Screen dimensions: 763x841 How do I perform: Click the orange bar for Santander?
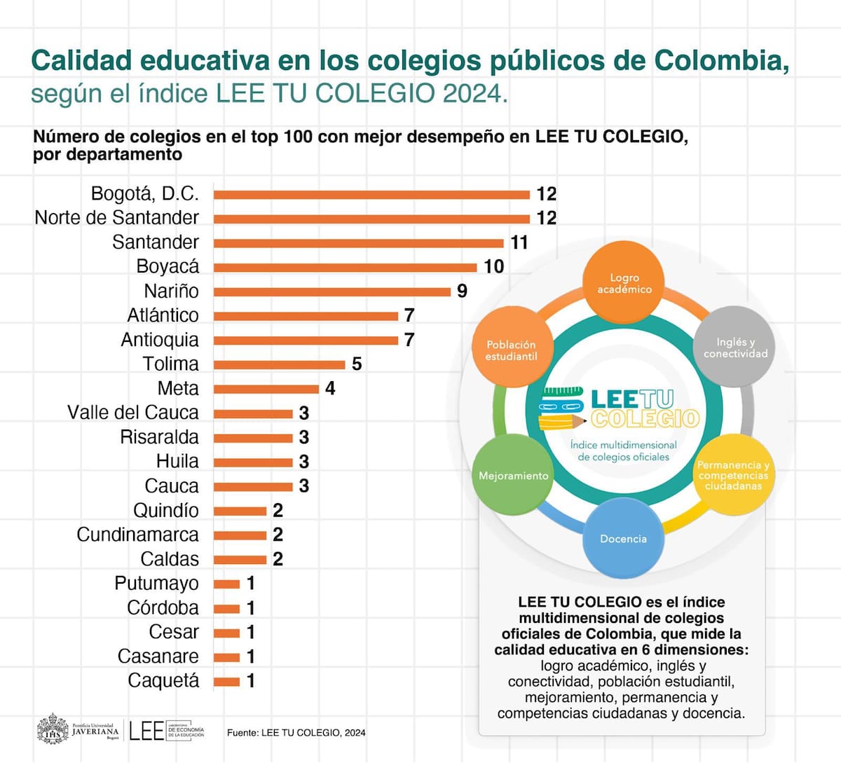pyautogui.click(x=358, y=243)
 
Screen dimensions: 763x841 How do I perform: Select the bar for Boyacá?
pyautogui.click(x=345, y=268)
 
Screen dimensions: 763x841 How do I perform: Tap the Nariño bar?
pyautogui.click(x=331, y=291)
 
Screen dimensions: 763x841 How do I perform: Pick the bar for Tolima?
pyautogui.click(x=279, y=364)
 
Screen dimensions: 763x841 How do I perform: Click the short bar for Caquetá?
pyautogui.click(x=226, y=682)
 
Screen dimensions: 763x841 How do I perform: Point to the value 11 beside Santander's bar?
pyautogui.click(x=519, y=242)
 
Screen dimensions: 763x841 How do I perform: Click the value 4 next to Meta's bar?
pyautogui.click(x=330, y=388)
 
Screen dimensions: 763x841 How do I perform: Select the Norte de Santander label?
pyautogui.click(x=117, y=218)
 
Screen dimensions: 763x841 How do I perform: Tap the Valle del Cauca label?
pyautogui.click(x=133, y=413)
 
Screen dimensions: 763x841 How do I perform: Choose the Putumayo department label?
pyautogui.click(x=156, y=584)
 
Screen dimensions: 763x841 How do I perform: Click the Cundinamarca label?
pyautogui.click(x=137, y=535)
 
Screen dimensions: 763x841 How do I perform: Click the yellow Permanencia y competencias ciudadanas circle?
pyautogui.click(x=733, y=475)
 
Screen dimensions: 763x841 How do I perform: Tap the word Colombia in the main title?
pyautogui.click(x=721, y=61)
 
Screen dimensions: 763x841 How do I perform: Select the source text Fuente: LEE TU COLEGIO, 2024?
pyautogui.click(x=296, y=733)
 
